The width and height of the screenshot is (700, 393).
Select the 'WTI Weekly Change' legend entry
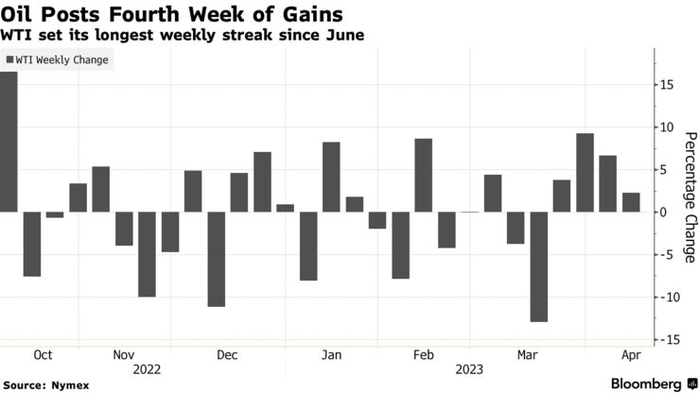point(58,60)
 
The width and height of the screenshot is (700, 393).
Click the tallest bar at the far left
point(9,142)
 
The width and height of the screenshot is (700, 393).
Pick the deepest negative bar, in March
point(539,266)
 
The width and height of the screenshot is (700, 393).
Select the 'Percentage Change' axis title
point(688,197)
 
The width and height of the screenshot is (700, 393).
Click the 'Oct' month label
point(43,355)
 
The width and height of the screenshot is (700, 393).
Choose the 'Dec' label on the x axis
point(226,355)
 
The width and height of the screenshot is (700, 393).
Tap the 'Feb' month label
point(424,355)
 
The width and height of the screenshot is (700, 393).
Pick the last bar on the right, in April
point(631,202)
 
